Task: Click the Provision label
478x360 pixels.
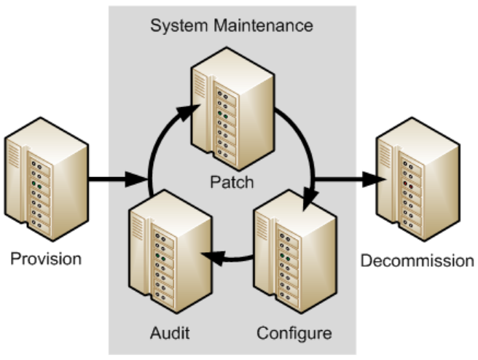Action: coord(46,259)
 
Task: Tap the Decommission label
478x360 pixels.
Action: coord(418,261)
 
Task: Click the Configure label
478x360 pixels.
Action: coord(294,334)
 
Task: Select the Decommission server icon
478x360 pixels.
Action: coord(416,179)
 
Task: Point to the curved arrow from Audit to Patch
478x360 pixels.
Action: coord(154,146)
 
